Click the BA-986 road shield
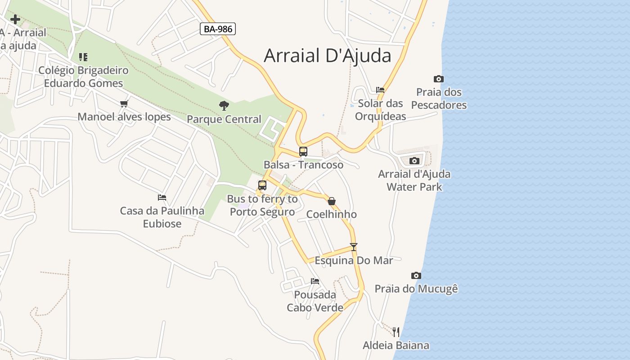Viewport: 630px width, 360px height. (218, 29)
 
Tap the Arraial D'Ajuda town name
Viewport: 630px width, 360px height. (327, 55)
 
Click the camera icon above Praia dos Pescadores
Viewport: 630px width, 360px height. (439, 79)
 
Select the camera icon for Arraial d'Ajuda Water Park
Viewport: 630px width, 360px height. (414, 161)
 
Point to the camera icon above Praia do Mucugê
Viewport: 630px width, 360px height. (416, 275)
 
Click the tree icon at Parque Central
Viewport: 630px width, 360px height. (224, 106)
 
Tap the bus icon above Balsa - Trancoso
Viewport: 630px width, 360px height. (303, 152)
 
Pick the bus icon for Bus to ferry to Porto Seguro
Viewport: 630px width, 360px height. (262, 185)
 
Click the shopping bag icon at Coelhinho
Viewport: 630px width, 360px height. (332, 201)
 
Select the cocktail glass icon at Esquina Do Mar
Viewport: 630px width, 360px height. (354, 247)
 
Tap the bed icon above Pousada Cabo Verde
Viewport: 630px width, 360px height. (315, 281)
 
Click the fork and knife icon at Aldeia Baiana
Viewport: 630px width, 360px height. (396, 332)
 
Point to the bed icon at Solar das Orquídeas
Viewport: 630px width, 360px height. (380, 90)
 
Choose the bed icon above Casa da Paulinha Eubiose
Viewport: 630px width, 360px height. (162, 198)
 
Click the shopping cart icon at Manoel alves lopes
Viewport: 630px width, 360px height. (124, 104)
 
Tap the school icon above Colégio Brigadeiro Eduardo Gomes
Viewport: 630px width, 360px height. (83, 57)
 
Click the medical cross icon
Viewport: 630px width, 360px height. (15, 19)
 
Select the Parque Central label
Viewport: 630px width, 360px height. (224, 119)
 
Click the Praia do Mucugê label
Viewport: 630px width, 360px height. (416, 289)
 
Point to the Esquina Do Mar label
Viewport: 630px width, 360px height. (354, 261)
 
